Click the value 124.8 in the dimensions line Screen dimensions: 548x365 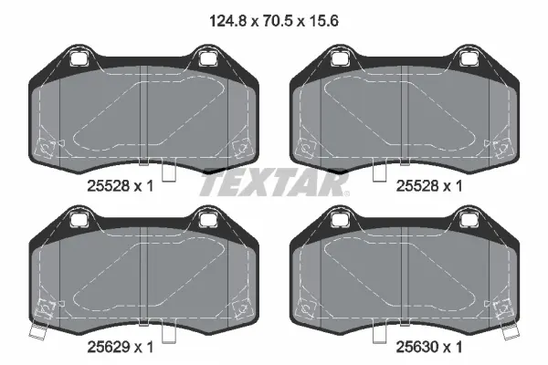pos(228,21)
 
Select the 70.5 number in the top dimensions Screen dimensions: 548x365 pos(277,21)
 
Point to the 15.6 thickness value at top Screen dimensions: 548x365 pos(322,21)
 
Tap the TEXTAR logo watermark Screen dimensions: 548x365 pos(274,182)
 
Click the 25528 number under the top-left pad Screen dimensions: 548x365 pos(109,186)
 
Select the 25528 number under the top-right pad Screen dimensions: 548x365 pos(417,186)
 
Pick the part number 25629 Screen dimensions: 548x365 pos(109,347)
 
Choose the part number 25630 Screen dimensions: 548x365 pos(417,347)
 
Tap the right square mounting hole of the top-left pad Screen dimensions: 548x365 pos(207,58)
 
